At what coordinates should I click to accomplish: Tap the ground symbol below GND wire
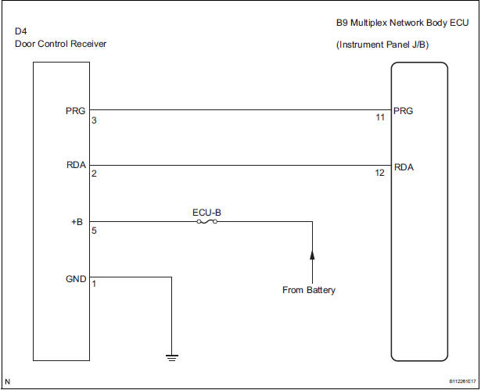[x=171, y=358]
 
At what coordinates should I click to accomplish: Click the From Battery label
[x=309, y=291]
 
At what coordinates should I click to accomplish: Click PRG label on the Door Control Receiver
[x=77, y=110]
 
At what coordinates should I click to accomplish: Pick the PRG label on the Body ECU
[x=405, y=110]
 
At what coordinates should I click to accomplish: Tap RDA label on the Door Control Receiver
[x=77, y=165]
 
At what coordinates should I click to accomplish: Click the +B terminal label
[x=77, y=221]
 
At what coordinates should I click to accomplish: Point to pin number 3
[x=94, y=120]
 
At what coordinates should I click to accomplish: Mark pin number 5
[x=94, y=231]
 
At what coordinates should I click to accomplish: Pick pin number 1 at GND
[x=94, y=284]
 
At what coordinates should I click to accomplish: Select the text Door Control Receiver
[x=61, y=44]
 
